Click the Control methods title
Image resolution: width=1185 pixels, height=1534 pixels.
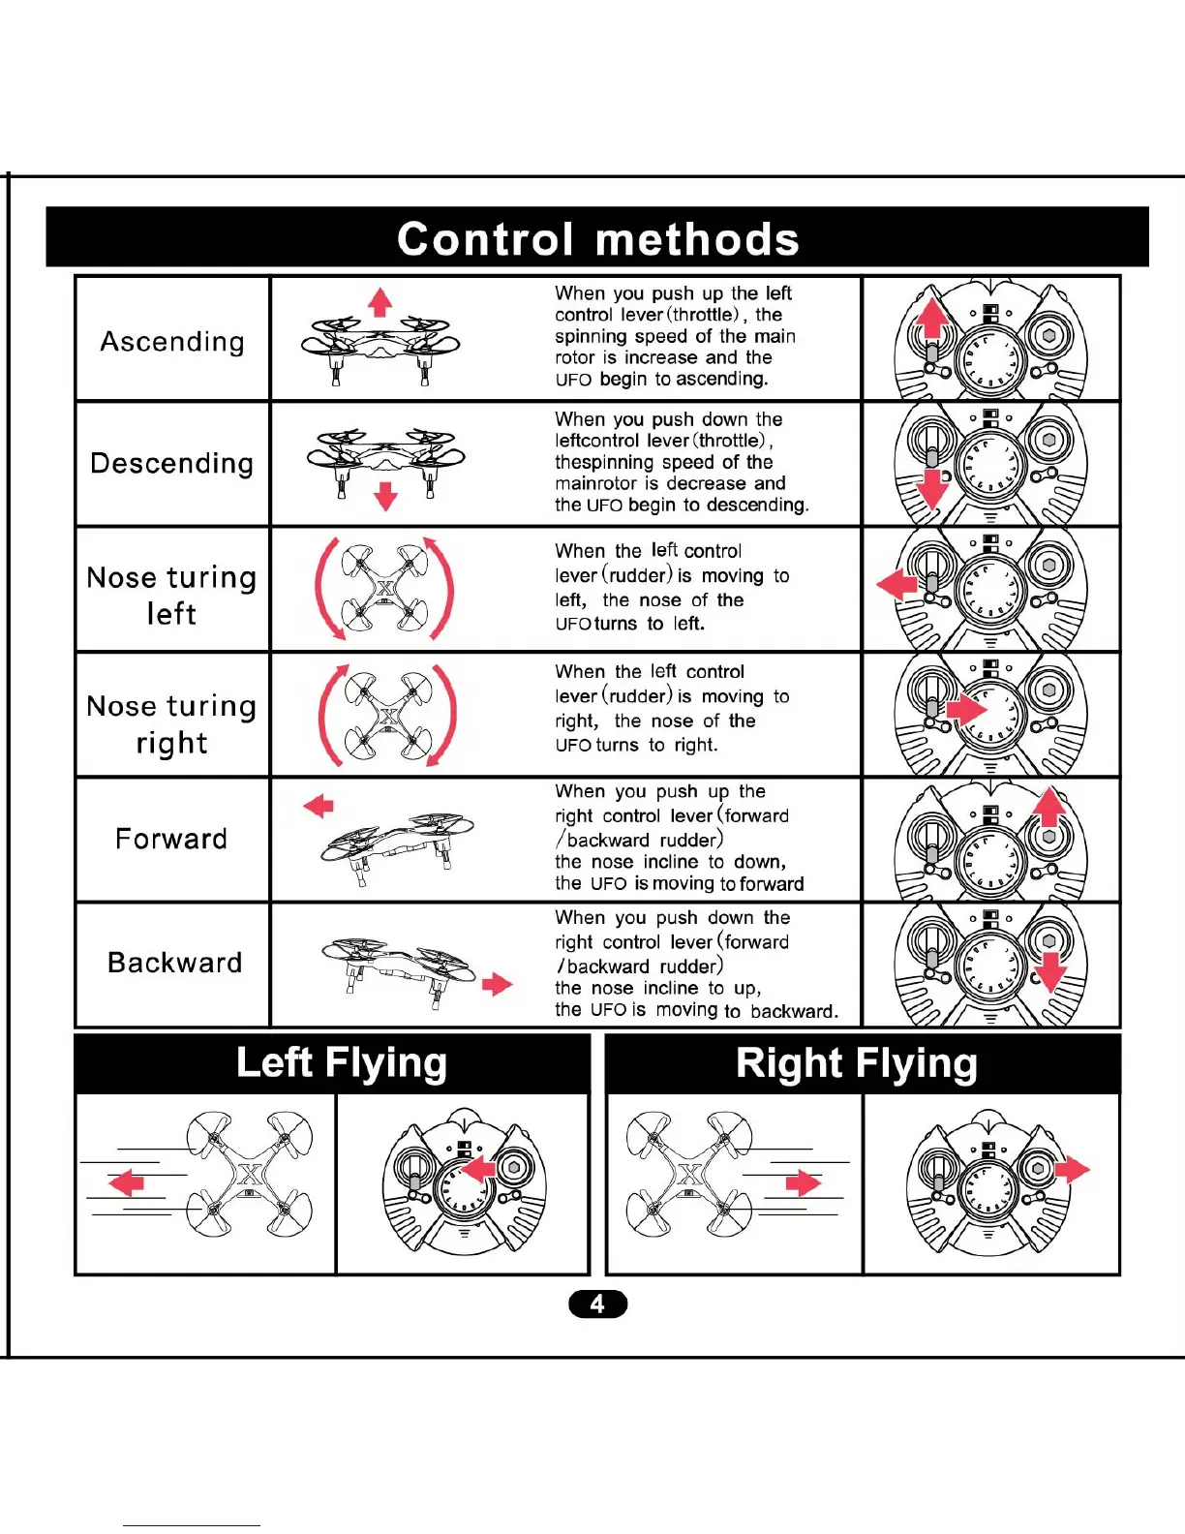click(597, 238)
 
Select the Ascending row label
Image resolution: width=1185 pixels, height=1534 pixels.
click(172, 341)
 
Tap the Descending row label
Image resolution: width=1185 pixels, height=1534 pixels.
click(172, 463)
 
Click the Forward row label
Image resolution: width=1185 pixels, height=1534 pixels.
click(171, 839)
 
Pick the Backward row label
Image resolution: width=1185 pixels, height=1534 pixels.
click(174, 963)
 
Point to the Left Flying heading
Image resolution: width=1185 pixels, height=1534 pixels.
click(341, 1062)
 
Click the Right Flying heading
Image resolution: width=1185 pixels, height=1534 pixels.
click(856, 1062)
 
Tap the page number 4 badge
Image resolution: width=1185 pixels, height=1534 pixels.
click(597, 1304)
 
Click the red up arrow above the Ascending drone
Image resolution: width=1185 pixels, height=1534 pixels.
click(380, 302)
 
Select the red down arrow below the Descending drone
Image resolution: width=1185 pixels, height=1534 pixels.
click(385, 496)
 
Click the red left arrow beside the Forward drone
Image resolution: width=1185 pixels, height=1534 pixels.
click(319, 806)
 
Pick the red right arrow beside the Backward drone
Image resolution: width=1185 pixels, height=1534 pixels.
click(497, 985)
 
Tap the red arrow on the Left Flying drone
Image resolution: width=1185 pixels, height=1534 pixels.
click(127, 1182)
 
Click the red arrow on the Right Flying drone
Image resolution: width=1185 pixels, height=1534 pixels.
click(803, 1182)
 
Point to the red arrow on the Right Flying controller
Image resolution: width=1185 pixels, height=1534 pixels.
click(1072, 1170)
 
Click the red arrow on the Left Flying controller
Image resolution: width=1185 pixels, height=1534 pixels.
click(478, 1170)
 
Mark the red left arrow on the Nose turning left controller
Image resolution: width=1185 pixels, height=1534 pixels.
click(896, 584)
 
